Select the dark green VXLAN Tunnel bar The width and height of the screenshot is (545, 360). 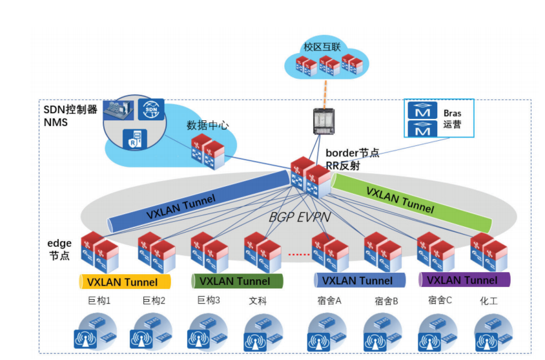(237, 281)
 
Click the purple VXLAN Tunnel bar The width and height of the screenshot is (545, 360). (464, 280)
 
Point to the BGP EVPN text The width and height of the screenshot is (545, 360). (300, 217)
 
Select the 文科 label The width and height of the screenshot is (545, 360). (258, 301)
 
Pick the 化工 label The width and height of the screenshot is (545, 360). (488, 301)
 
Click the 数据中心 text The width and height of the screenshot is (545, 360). (208, 125)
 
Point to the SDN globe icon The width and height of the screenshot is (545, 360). (151, 111)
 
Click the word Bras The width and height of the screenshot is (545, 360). (452, 113)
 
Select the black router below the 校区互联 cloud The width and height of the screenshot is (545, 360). (321, 122)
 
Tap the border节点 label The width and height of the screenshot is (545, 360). (353, 153)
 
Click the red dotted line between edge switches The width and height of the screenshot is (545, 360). (298, 254)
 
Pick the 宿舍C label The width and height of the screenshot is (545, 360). (440, 300)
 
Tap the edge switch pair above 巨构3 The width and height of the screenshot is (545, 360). (208, 252)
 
